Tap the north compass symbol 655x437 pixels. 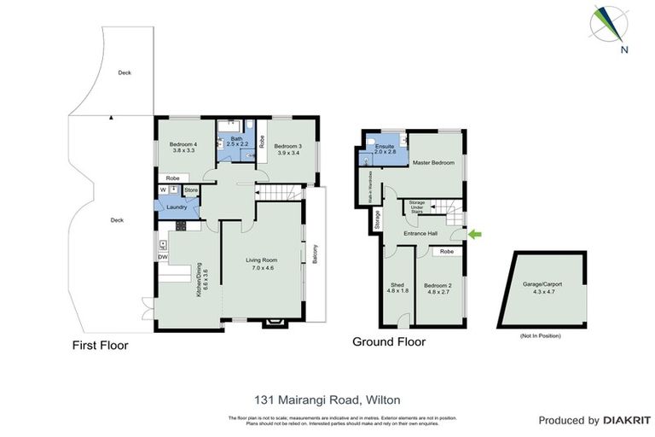point(611,26)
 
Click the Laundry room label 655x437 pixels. point(177,207)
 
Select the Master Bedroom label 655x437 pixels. point(433,162)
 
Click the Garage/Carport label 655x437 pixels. point(538,288)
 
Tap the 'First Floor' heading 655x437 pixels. point(101,347)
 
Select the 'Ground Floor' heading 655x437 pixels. point(389,342)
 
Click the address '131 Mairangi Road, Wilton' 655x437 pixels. point(327,399)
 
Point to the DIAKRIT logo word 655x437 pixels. point(627,421)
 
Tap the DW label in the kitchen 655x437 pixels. point(162,257)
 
